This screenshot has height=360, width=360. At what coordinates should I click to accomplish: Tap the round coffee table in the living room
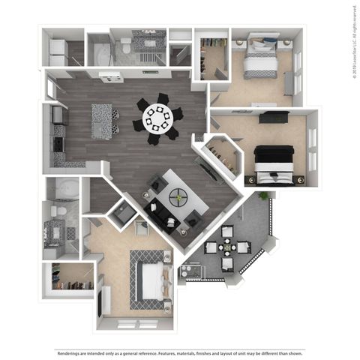[x=178, y=197]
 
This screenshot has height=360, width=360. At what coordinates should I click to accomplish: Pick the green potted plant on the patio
[x=263, y=196]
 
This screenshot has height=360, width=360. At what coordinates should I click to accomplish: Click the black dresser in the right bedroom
[x=274, y=117]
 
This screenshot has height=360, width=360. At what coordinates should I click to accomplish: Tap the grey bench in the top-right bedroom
[x=289, y=82]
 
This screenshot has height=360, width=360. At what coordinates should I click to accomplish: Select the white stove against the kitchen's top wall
[x=110, y=76]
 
